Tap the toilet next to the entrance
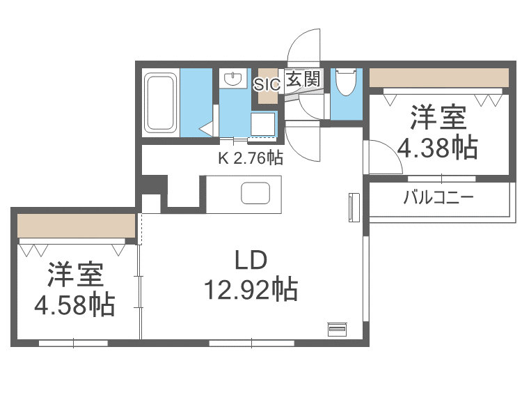[345, 82]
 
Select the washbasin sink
[232, 78]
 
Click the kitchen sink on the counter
[254, 192]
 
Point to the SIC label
[267, 84]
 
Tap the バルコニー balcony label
[438, 197]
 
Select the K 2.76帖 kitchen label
[251, 158]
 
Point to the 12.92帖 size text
[251, 288]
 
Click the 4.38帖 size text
[437, 147]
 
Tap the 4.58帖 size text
[75, 305]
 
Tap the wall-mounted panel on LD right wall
[351, 208]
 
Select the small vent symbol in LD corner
[337, 329]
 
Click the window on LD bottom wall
[239, 343]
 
